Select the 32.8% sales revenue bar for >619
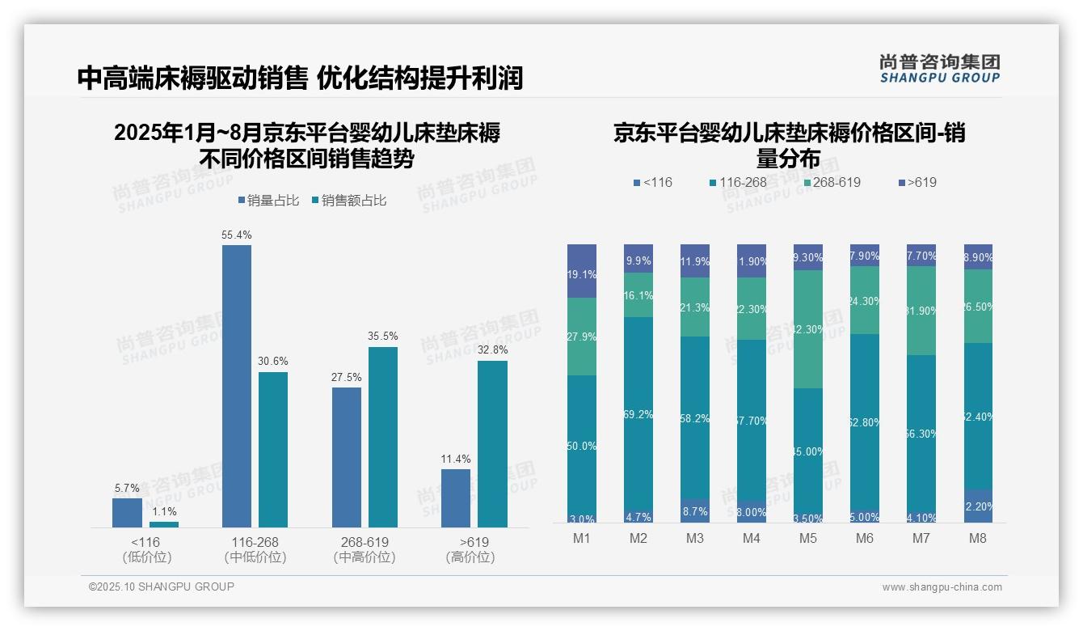(x=492, y=444)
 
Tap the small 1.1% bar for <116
(x=164, y=524)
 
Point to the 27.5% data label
(x=347, y=377)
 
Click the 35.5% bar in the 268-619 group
(x=383, y=437)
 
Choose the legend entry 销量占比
(x=268, y=201)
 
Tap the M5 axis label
(x=808, y=539)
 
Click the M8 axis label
(x=978, y=539)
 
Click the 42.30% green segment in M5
(x=808, y=329)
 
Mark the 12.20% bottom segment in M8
(x=978, y=506)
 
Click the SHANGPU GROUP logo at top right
(x=939, y=69)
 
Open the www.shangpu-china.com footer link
(x=942, y=587)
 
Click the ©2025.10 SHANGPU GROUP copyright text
(x=162, y=587)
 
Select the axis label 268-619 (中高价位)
(x=365, y=549)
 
